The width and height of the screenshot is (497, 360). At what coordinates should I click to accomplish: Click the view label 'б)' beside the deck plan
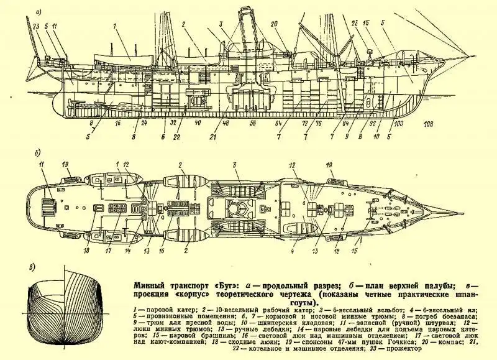[x=39, y=151]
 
